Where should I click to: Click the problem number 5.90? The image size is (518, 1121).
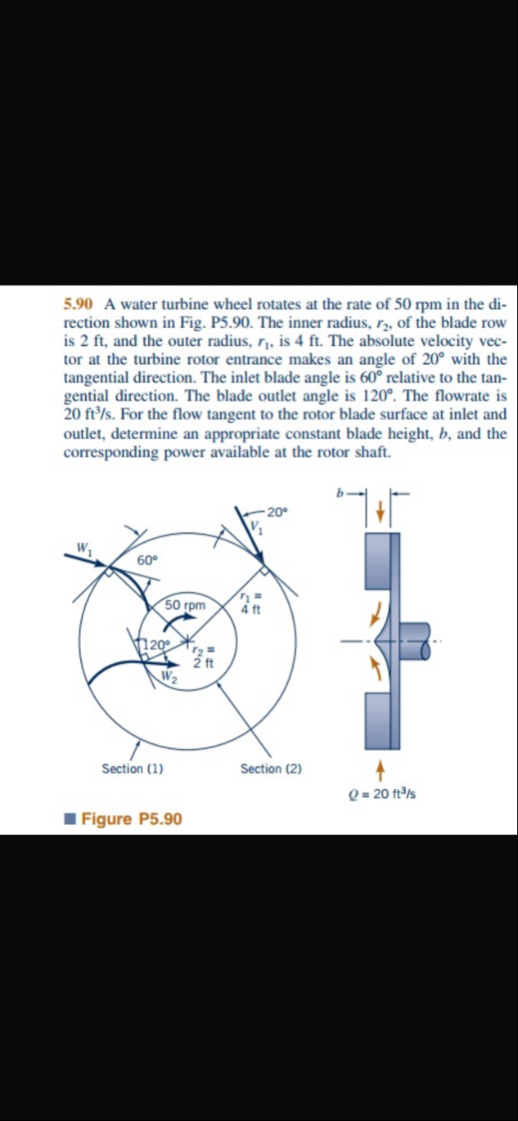pos(78,303)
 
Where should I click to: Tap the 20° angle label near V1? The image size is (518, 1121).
pos(277,513)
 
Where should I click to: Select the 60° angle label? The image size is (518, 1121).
pos(147,560)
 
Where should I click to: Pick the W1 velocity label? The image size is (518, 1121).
pos(83,548)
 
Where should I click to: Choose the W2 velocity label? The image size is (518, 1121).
pos(169,675)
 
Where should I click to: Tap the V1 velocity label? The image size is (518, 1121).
pos(258,527)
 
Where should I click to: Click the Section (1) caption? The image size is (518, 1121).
pos(132,769)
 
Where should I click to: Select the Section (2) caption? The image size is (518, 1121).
pos(271,769)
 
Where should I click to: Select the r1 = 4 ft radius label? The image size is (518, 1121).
pos(250,603)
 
